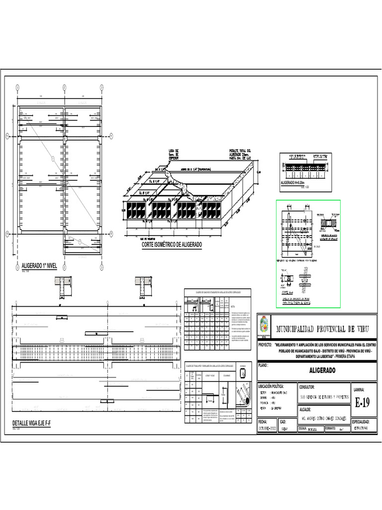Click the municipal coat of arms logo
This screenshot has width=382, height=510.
(x=263, y=327)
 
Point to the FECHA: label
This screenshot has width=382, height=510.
(x=263, y=421)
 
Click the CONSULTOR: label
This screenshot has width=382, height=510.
(x=310, y=386)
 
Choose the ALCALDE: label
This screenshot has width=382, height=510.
(x=307, y=409)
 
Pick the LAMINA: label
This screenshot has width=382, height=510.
(x=359, y=389)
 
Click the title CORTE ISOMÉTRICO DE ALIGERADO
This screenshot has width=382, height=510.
(x=172, y=245)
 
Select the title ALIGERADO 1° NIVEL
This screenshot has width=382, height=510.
(x=39, y=266)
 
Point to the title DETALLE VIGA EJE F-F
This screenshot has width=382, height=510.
(x=31, y=423)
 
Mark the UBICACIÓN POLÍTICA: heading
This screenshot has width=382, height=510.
(x=271, y=386)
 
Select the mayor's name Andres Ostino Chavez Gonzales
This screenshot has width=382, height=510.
(x=324, y=418)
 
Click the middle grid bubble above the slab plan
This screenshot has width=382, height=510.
(x=65, y=87)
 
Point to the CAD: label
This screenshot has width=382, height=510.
(x=284, y=421)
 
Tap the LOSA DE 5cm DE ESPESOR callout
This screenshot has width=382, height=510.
(x=174, y=154)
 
